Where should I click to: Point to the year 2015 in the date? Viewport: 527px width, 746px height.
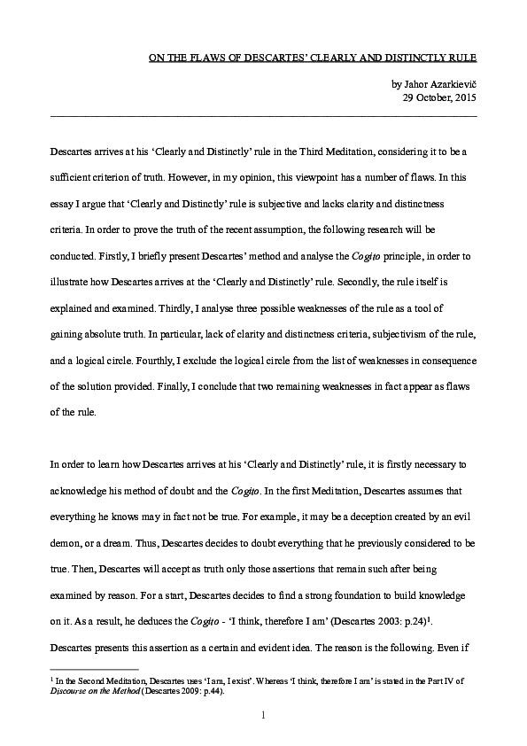pos(464,97)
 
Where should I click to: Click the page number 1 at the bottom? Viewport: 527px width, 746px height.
pos(263,714)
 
